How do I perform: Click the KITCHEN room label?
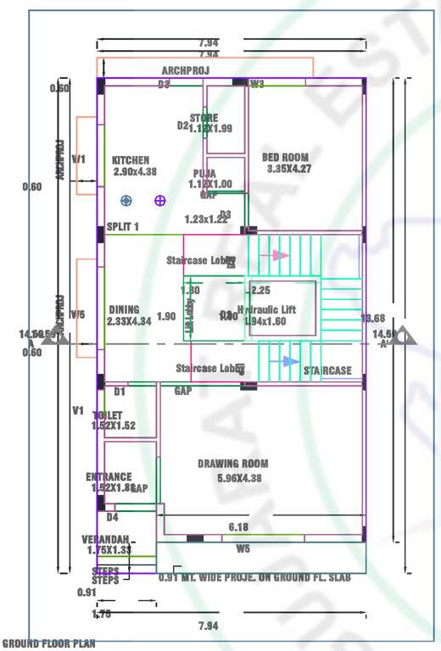click(x=131, y=160)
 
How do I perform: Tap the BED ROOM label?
click(x=284, y=159)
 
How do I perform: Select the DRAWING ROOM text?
click(x=233, y=464)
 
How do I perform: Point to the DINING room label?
click(x=124, y=310)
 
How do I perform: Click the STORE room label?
click(x=204, y=119)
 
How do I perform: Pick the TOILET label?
click(x=108, y=415)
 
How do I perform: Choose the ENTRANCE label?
click(x=109, y=477)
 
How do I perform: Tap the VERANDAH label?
click(x=105, y=540)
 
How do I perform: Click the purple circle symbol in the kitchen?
click(x=159, y=200)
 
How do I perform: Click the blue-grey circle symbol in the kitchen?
click(x=126, y=200)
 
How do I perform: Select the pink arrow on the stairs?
click(x=281, y=254)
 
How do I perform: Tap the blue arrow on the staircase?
click(x=290, y=361)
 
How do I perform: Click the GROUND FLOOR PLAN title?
click(x=48, y=643)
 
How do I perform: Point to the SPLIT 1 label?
click(x=122, y=226)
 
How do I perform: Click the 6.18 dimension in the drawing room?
click(x=238, y=527)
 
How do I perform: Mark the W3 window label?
click(x=257, y=84)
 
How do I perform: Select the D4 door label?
click(x=112, y=517)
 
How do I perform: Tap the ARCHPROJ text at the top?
click(x=185, y=70)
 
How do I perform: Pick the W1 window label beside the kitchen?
click(x=79, y=159)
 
